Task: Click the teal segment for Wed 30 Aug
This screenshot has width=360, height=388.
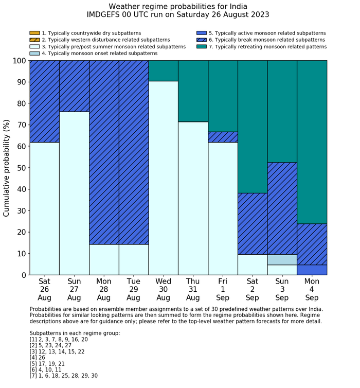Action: coord(164,70)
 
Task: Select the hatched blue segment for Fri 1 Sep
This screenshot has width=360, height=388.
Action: coord(223,137)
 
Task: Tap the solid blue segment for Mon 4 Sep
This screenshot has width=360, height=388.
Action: coord(312,270)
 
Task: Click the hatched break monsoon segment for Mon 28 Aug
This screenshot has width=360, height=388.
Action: coord(104,152)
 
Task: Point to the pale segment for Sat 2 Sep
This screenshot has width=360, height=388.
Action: coord(253,264)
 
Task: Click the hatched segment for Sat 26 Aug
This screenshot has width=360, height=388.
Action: coord(44,101)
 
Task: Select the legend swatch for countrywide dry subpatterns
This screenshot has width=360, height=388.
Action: coord(34,33)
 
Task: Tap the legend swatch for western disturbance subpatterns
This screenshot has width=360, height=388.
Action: coord(34,40)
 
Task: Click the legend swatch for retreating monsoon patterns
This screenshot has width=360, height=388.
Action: coord(202,46)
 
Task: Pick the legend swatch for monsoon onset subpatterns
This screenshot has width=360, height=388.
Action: coord(34,53)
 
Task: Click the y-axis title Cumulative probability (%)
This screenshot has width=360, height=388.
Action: coord(7,168)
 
